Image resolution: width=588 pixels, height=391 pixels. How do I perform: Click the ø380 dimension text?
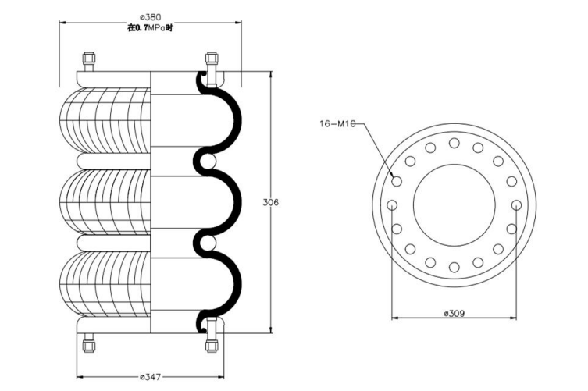pos(149,16)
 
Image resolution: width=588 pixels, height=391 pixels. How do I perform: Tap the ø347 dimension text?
pos(150,378)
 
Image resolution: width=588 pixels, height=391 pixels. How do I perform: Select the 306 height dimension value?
pos(269,202)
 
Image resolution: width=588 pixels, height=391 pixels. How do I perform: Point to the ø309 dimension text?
pos(454,314)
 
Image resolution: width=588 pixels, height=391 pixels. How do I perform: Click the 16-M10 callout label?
pos(337,123)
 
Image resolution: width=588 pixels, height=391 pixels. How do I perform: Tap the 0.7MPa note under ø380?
pos(149,28)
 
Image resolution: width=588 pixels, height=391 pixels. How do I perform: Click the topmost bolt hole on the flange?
pos(454,142)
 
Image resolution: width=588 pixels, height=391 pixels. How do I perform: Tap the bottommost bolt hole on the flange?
pos(454,268)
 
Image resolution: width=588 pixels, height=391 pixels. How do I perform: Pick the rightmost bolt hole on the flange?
pos(516,205)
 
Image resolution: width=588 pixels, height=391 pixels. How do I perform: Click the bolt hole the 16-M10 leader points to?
pos(397,181)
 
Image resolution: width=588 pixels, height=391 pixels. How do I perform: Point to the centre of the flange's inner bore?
pos(454,205)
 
